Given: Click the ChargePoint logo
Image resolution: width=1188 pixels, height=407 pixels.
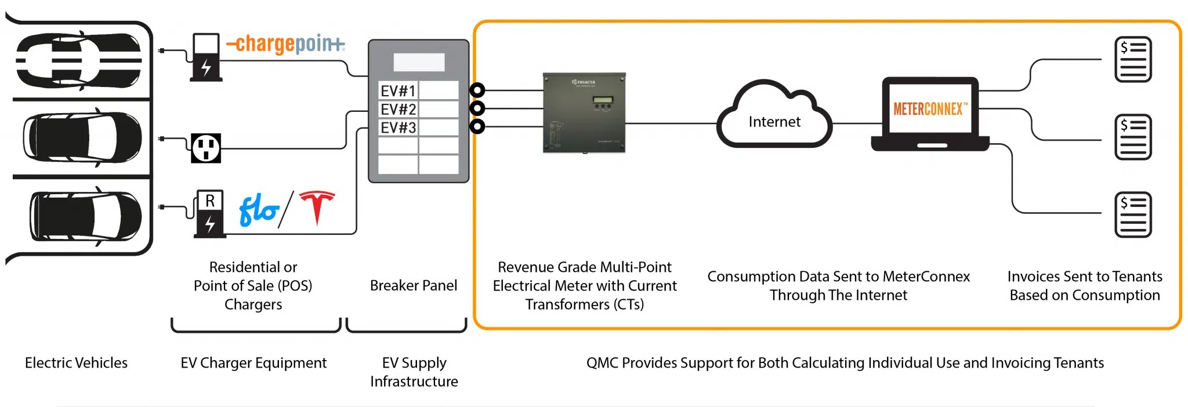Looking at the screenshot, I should [x=285, y=43].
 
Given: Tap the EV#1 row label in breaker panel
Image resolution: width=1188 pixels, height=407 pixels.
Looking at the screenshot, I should [x=398, y=91].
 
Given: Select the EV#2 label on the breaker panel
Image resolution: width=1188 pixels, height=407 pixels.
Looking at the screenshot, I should [x=398, y=109].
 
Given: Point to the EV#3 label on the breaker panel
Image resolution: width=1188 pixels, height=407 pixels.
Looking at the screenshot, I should [x=398, y=128].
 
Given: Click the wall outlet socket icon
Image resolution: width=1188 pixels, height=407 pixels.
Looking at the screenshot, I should [x=206, y=148].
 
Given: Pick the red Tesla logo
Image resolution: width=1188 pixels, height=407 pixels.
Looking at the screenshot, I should [x=317, y=207].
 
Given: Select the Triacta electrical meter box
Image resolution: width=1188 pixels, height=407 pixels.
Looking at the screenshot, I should [x=584, y=113].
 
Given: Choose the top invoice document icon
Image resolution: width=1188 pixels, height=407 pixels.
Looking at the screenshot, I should [x=1133, y=60].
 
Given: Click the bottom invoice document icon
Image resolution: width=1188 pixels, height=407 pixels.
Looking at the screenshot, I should [x=1133, y=215].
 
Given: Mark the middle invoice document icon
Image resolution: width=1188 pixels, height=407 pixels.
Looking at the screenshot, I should [x=1133, y=137].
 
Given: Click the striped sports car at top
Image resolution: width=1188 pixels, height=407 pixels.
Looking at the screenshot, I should [x=78, y=60].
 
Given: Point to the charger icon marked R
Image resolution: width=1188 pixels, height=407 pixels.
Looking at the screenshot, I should [x=209, y=214].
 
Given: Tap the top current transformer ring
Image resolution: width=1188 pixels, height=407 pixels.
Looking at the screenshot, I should [x=477, y=90].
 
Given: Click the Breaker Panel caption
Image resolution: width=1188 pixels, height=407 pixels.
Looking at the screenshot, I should [x=413, y=285].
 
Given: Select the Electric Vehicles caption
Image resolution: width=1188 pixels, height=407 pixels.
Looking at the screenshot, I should [x=76, y=363].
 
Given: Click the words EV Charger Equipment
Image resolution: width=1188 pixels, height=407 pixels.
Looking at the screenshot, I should [x=253, y=363].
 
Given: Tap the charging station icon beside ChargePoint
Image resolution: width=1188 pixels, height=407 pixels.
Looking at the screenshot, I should [x=206, y=57].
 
